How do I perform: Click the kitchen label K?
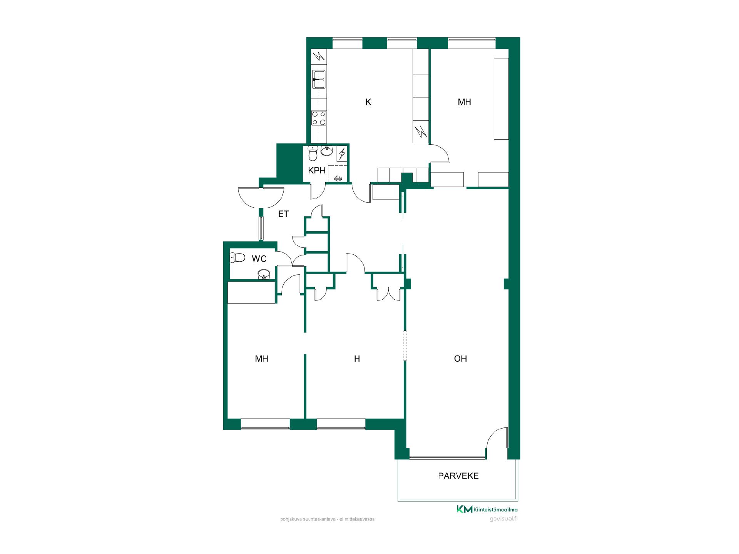[x=368, y=102]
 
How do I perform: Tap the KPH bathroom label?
[x=317, y=170]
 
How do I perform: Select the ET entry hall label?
[x=283, y=214]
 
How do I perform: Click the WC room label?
[x=259, y=259]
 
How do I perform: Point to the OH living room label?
[x=460, y=359]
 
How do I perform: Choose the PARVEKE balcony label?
[x=458, y=476]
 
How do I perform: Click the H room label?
[x=357, y=359]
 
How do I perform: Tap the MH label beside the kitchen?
[x=464, y=102]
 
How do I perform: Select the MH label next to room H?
[x=261, y=359]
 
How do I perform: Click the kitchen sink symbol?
[x=319, y=79]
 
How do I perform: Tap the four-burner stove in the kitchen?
[x=319, y=118]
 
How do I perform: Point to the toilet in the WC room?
[x=237, y=257]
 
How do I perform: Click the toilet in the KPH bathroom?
[x=313, y=154]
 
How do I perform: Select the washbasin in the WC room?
[x=264, y=274]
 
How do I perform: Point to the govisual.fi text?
[x=503, y=519]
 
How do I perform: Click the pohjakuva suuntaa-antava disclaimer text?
[x=328, y=519]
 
